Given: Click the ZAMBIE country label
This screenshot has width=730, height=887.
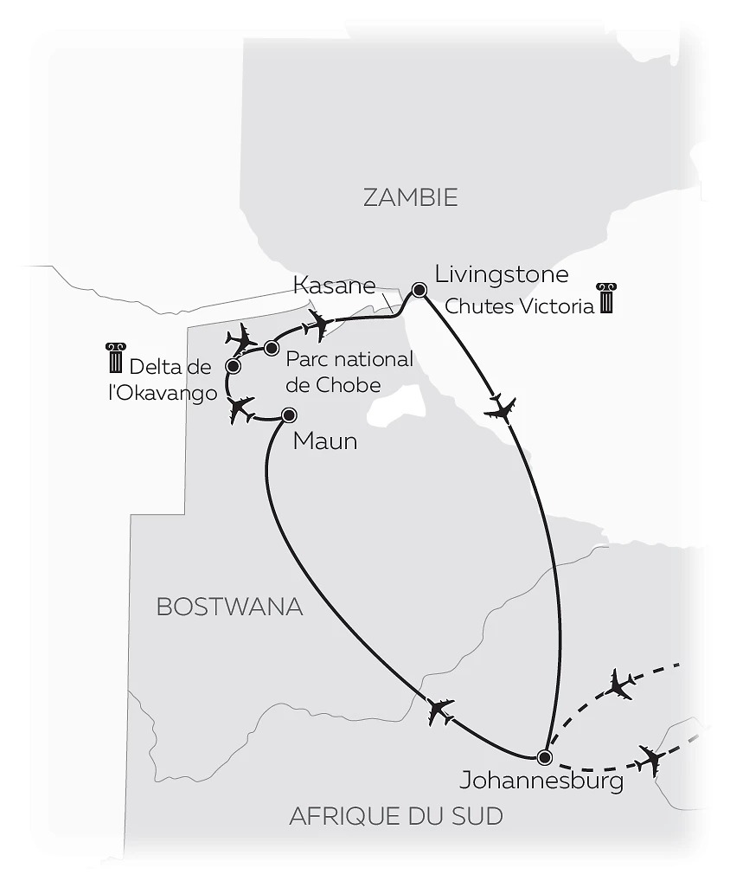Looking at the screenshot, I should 410,197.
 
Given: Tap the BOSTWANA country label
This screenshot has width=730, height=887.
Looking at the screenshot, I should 229,607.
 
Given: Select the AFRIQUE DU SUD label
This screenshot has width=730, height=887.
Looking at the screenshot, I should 396,815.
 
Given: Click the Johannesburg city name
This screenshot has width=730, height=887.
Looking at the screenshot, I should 541,781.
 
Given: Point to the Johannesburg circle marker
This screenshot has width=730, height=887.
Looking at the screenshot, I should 543,757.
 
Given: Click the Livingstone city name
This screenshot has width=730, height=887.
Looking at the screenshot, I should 502,275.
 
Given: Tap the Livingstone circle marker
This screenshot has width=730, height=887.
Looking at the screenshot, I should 419,290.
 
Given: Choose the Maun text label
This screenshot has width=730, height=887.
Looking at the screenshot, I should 325,441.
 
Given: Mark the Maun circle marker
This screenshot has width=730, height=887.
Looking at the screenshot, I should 289,415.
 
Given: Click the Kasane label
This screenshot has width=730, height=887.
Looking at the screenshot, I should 335,285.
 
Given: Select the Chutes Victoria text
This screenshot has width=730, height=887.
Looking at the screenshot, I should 519,306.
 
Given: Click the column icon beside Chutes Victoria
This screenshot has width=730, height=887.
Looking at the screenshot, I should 605,299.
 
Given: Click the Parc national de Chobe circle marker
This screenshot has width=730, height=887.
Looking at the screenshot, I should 271,348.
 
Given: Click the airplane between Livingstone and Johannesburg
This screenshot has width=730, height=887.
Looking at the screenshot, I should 501,406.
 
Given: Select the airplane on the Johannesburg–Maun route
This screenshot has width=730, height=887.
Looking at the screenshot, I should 440,710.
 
